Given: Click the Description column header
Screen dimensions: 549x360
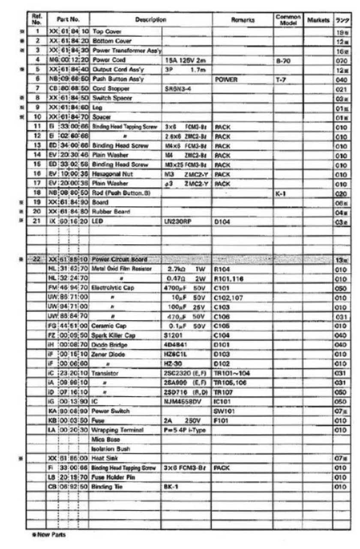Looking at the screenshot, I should click(150, 20).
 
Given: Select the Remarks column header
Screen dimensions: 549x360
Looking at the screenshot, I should click(243, 20).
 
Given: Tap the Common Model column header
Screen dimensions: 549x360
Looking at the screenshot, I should click(288, 20).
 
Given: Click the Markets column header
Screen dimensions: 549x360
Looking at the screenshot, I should click(318, 20).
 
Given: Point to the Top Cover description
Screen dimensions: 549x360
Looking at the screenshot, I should click(107, 32).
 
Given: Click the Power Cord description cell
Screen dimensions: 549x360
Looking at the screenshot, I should click(109, 60).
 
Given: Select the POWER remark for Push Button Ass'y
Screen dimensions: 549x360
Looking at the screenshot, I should click(225, 79).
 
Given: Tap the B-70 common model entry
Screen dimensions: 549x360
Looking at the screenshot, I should click(284, 61).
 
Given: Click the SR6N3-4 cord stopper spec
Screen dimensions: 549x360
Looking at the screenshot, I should click(178, 89).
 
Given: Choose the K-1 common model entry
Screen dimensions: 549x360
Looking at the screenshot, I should click(281, 193).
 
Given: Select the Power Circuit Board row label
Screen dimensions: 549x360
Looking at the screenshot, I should click(120, 259).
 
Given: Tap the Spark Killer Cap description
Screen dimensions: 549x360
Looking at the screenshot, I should click(113, 335).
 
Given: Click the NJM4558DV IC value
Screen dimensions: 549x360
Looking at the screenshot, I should click(183, 401).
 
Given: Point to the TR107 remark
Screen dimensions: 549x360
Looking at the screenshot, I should click(223, 392).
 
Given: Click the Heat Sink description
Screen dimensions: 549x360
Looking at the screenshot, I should click(105, 458).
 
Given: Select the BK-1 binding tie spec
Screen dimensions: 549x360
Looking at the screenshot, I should click(171, 487).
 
